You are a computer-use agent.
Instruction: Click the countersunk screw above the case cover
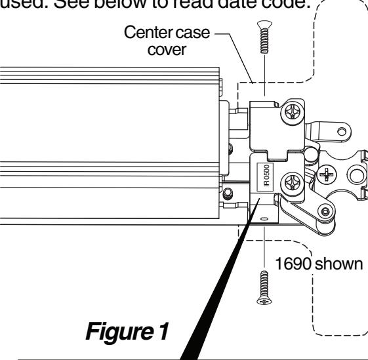[264, 37]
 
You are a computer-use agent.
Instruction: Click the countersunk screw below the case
[264, 287]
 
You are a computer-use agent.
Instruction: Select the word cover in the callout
[167, 50]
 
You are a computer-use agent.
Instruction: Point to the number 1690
[293, 264]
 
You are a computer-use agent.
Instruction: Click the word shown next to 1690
[338, 264]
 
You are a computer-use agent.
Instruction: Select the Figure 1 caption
[127, 331]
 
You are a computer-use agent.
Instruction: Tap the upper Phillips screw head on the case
[292, 111]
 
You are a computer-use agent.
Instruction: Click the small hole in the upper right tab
[342, 131]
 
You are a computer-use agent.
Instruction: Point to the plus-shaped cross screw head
[326, 174]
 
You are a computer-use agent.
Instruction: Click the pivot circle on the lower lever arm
[325, 212]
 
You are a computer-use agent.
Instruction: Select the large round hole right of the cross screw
[356, 174]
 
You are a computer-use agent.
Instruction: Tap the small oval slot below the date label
[264, 219]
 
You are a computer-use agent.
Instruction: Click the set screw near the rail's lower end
[228, 193]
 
